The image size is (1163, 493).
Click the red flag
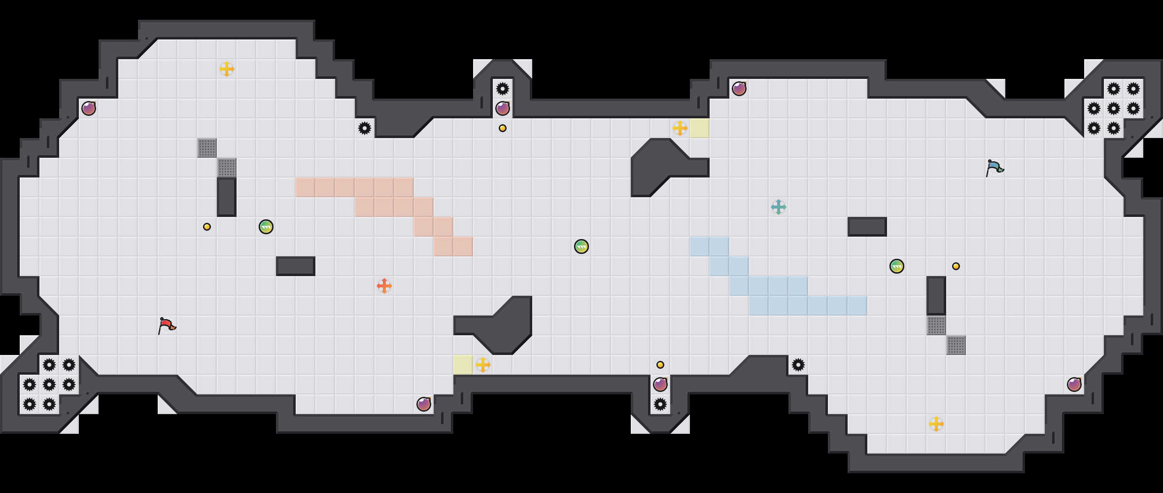tap(167, 325)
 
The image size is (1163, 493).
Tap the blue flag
tap(994, 168)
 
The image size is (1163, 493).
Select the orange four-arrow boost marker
tap(384, 286)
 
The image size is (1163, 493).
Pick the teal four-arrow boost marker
tap(779, 207)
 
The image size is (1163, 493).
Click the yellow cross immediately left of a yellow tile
tap(680, 128)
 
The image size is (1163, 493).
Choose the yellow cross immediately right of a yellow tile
tap(483, 365)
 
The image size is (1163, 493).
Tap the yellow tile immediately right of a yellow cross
tap(700, 128)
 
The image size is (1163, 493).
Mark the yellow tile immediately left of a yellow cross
tap(463, 365)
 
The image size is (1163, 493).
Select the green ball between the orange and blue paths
tap(581, 246)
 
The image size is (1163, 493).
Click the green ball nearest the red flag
tap(266, 227)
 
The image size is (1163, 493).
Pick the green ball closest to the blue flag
tap(897, 266)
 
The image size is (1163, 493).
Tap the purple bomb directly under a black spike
tap(503, 108)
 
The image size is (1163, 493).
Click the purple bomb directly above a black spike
tap(660, 385)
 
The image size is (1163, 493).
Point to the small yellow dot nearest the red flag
tap(207, 227)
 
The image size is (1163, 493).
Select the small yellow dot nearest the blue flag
tap(956, 266)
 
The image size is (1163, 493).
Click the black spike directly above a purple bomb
tap(503, 89)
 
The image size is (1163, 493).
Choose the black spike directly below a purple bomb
tap(660, 404)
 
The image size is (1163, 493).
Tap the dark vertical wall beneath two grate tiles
tap(227, 197)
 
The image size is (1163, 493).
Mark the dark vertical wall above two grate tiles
tap(936, 296)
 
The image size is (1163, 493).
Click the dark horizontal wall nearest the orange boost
tap(296, 266)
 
